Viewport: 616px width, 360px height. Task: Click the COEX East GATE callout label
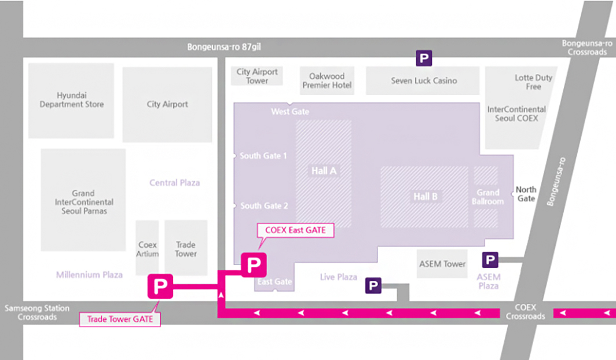(x=295, y=230)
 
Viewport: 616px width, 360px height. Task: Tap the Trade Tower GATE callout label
(x=120, y=318)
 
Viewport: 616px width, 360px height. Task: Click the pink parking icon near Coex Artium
(x=160, y=285)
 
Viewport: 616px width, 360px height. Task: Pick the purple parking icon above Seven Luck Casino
(x=424, y=58)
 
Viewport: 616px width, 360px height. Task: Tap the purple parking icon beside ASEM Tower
(x=490, y=260)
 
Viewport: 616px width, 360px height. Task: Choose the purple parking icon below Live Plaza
(x=373, y=285)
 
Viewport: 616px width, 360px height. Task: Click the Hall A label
(x=324, y=171)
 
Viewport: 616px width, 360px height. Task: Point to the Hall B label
(x=425, y=197)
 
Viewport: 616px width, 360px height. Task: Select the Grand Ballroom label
(x=487, y=197)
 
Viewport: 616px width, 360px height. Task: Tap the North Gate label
(x=526, y=194)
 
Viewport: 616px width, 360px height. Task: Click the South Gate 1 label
(x=263, y=156)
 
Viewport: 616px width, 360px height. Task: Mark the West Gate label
(x=290, y=111)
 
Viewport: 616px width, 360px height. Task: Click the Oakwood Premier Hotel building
(x=327, y=80)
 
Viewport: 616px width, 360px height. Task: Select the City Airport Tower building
(x=257, y=76)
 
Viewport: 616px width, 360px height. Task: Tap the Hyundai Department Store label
(x=72, y=100)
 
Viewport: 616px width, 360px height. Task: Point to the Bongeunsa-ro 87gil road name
(x=228, y=47)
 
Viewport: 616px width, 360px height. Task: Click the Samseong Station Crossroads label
(x=38, y=313)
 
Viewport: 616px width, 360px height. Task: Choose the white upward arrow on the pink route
(x=221, y=295)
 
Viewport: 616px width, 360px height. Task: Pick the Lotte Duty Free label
(x=533, y=82)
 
